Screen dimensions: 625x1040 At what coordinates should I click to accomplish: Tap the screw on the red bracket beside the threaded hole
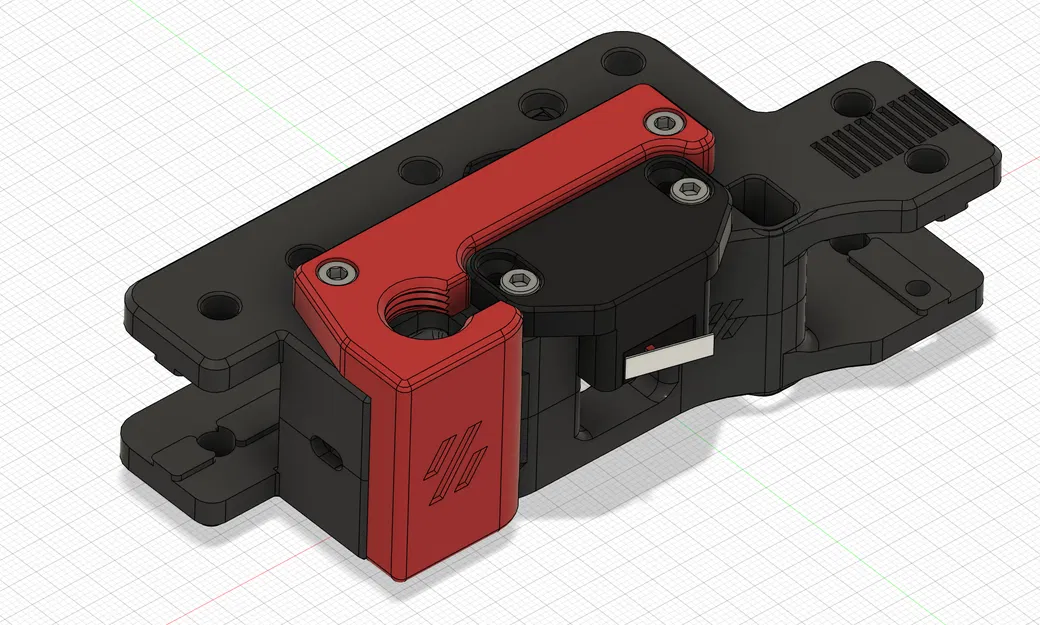336,270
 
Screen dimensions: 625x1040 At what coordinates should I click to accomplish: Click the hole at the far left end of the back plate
217,303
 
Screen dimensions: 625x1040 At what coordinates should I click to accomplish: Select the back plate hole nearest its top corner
623,62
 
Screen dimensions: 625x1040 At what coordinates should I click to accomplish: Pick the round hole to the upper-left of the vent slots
852,102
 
